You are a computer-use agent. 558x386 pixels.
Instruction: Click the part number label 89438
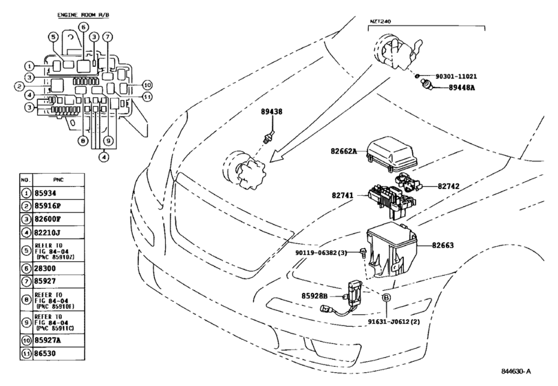[272, 112]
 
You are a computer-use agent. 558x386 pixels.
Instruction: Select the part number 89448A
[462, 88]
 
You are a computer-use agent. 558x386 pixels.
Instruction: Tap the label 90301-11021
[456, 77]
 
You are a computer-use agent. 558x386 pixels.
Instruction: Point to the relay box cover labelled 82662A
[391, 155]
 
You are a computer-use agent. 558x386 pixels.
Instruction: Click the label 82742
[449, 186]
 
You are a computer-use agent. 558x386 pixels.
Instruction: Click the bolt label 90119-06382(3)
[321, 253]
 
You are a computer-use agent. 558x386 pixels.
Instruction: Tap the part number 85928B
[314, 296]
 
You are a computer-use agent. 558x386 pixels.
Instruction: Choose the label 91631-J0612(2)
[394, 322]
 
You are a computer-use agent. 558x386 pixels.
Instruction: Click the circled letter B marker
[386, 298]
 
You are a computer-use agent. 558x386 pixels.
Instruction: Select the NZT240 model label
[380, 21]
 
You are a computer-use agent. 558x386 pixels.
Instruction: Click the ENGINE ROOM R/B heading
[83, 15]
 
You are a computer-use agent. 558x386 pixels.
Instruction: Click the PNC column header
[58, 180]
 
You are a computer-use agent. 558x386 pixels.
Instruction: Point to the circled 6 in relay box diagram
[83, 27]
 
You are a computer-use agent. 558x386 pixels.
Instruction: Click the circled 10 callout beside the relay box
[147, 85]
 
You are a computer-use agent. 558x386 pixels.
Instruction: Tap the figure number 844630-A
[516, 372]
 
